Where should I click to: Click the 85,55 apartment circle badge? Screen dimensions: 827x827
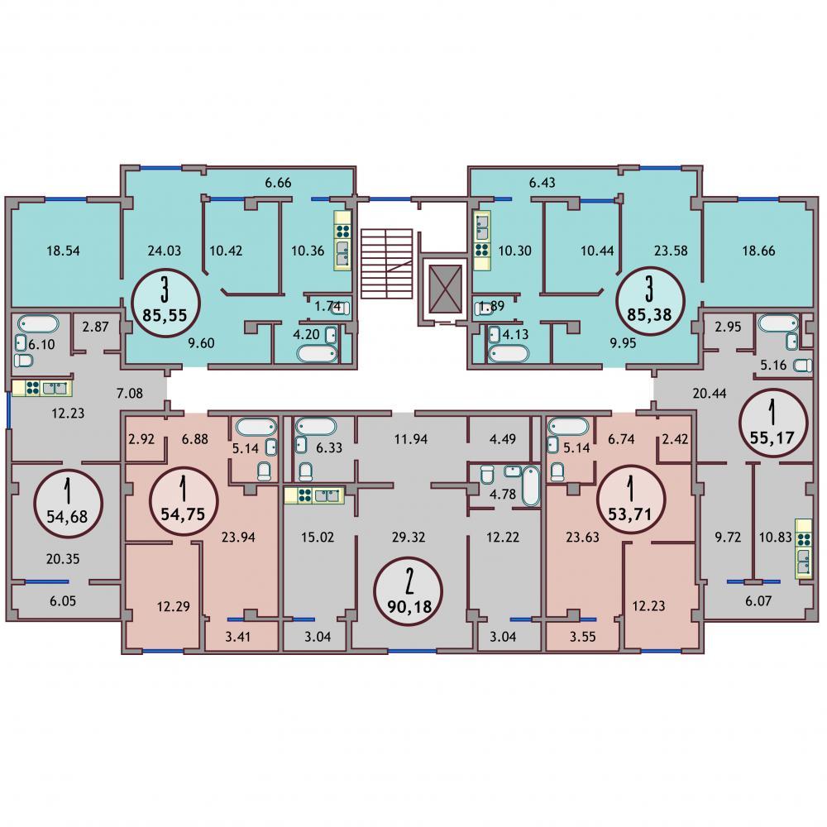[165, 302]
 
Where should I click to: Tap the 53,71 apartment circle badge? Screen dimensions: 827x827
[631, 500]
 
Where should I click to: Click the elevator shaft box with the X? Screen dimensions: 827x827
[445, 289]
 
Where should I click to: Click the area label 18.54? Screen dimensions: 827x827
[64, 251]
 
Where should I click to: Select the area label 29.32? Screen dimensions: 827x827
[409, 538]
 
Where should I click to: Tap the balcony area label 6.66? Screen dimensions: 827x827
[278, 183]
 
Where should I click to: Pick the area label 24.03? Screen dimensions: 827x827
[165, 251]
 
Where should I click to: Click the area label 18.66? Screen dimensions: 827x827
[758, 251]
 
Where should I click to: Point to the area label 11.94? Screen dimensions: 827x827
[411, 439]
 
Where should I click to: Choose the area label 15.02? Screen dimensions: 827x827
[318, 538]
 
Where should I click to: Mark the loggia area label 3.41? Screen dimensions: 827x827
[238, 637]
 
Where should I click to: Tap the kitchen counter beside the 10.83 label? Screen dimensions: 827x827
[804, 548]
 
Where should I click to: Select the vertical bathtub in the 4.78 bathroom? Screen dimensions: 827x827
[531, 485]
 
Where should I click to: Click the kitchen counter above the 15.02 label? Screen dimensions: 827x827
[313, 495]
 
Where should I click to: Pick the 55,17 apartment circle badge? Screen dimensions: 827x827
[773, 423]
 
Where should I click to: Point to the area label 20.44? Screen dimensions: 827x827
[710, 394]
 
